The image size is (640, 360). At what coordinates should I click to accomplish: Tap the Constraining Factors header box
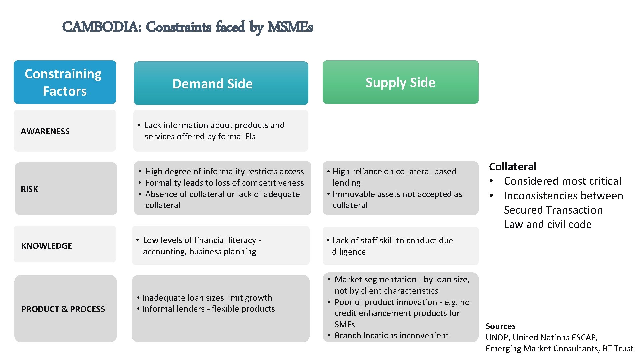(x=65, y=82)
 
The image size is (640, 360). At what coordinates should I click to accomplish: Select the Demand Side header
(x=213, y=84)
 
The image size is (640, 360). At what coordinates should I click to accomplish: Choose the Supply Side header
(x=400, y=82)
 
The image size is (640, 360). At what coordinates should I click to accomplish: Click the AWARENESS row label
(x=45, y=131)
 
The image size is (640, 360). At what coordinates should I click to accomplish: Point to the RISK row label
(x=29, y=189)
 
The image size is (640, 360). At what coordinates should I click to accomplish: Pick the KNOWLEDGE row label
(x=47, y=246)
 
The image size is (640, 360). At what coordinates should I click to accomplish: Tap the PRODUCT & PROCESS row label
(x=63, y=309)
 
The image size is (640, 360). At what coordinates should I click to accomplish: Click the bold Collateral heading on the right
(x=512, y=166)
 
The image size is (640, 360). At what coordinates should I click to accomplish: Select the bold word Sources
(x=500, y=326)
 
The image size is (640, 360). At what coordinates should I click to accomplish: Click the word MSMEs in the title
(x=290, y=27)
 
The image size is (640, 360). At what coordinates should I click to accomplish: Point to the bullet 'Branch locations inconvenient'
(x=391, y=335)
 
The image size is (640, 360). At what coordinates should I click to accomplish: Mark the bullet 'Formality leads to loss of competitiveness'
(x=224, y=183)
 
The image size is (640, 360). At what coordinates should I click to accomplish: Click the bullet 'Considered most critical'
(x=562, y=181)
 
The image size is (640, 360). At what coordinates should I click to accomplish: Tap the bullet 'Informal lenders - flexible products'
(x=208, y=309)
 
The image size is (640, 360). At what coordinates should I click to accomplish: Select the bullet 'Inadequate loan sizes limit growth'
(x=207, y=298)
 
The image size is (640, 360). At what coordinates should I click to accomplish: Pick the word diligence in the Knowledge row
(x=349, y=252)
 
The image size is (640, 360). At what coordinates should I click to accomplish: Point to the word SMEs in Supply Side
(x=345, y=324)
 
